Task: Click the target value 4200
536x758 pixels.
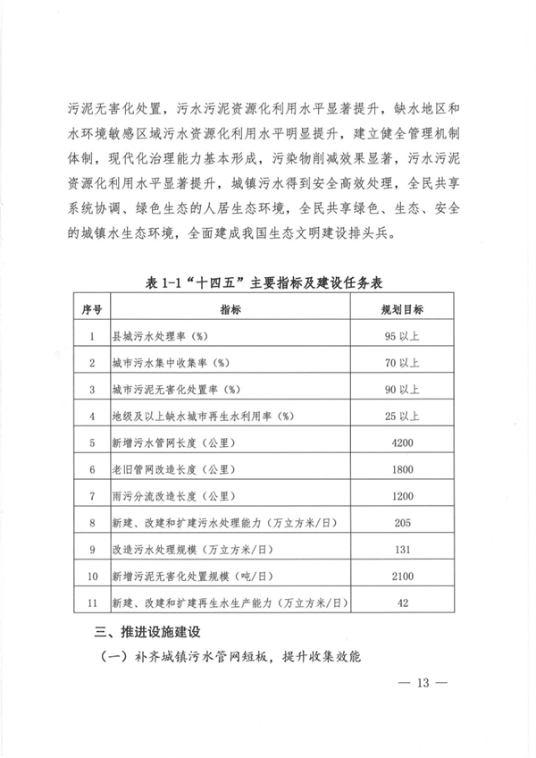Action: (402, 442)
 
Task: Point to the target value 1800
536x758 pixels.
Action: (402, 469)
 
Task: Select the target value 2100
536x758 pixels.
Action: (402, 577)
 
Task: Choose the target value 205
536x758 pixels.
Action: (402, 523)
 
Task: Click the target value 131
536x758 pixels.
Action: (402, 550)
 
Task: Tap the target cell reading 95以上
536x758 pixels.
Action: (402, 337)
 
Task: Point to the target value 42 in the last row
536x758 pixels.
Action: (402, 603)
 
